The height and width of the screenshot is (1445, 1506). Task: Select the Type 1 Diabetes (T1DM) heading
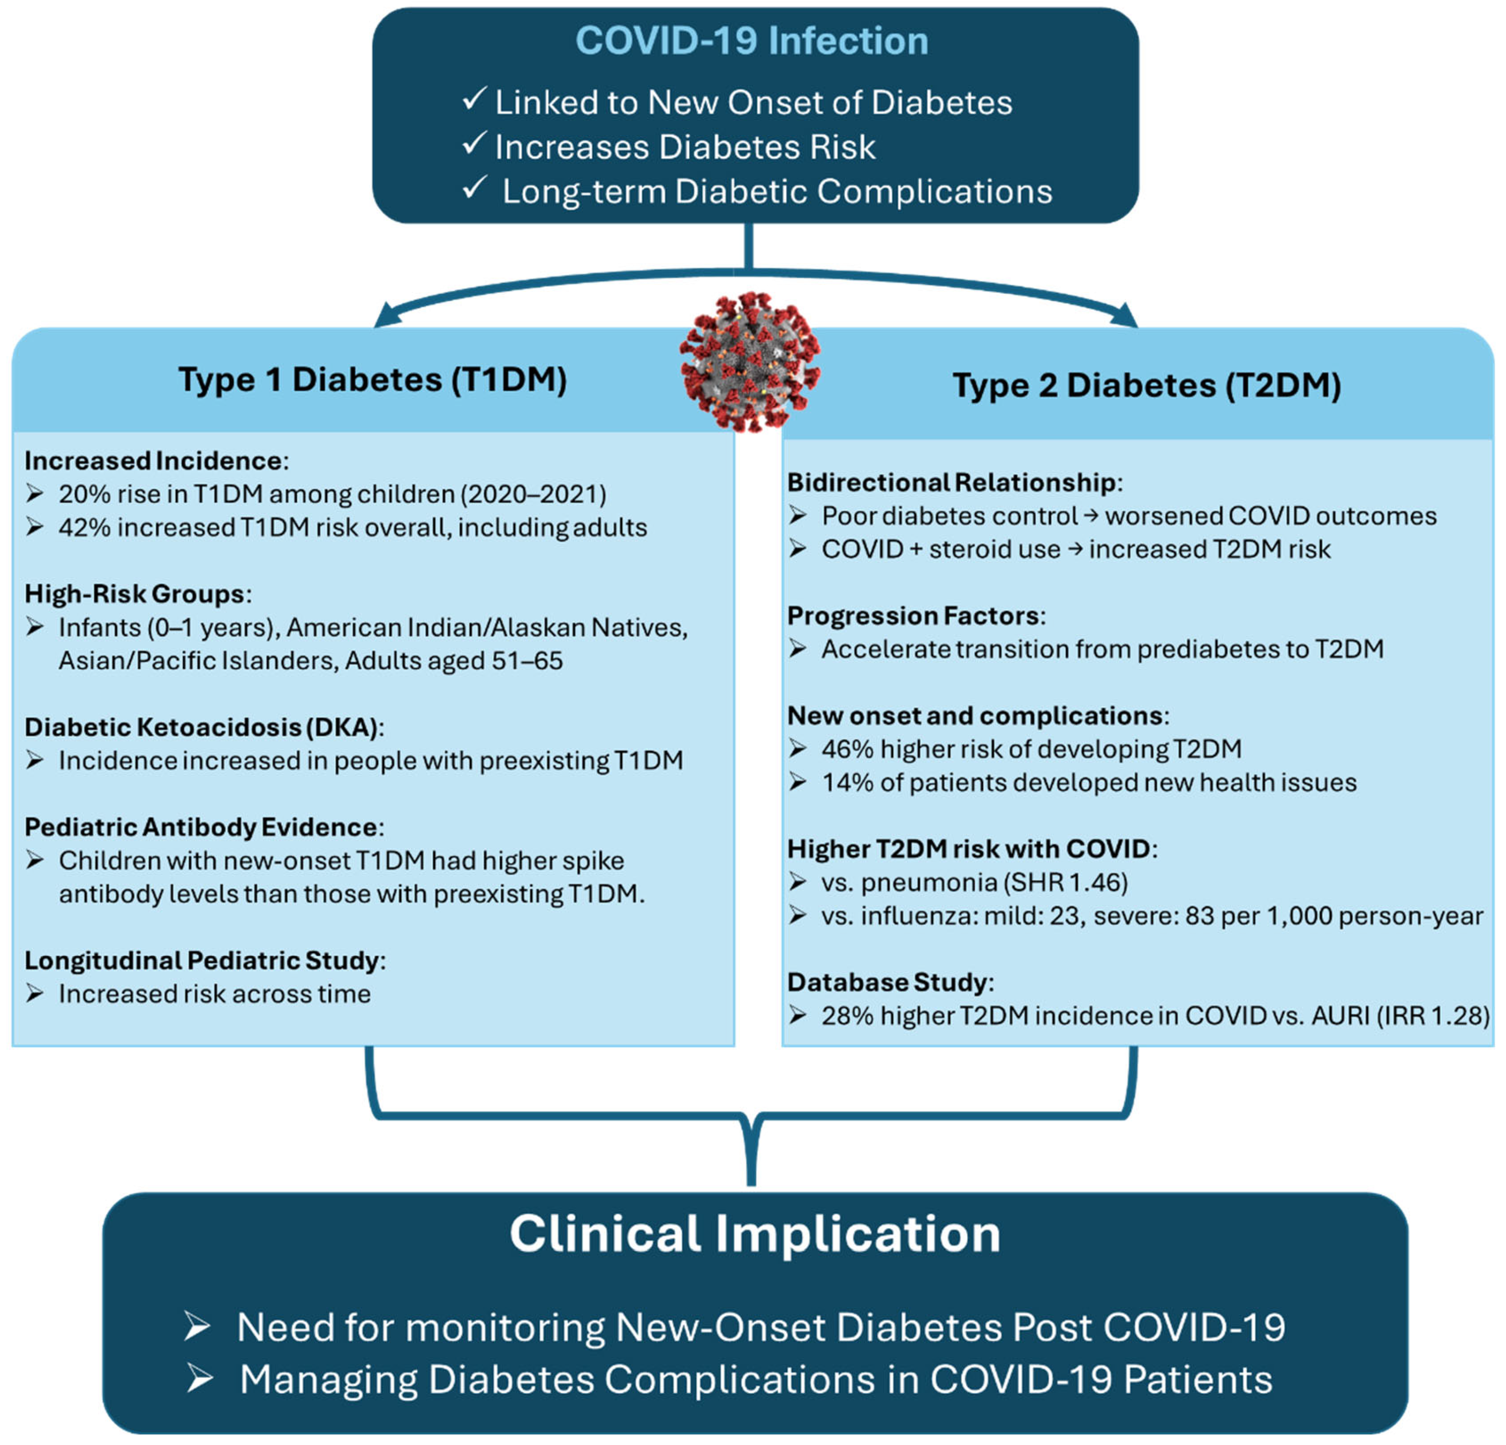(373, 379)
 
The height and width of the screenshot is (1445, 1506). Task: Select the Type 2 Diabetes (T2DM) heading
(1147, 385)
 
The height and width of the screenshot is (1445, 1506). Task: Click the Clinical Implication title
(754, 1234)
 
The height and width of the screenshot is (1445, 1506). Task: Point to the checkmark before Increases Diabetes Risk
(474, 144)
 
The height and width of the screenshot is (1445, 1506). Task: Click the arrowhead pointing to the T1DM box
(384, 316)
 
